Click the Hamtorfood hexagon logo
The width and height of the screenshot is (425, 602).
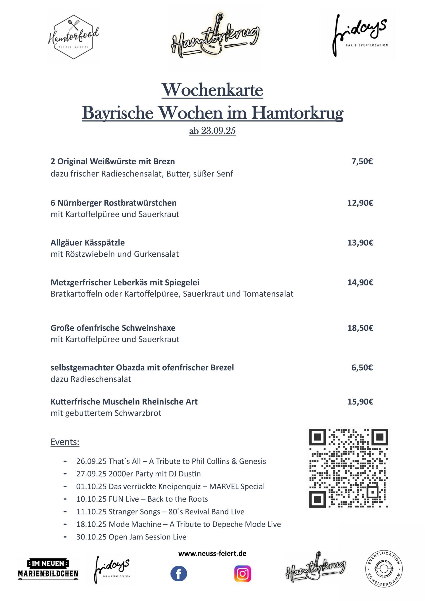point(73,37)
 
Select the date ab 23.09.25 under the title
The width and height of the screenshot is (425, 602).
point(212,131)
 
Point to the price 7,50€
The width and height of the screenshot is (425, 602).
point(362,162)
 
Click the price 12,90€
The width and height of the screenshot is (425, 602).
point(360,203)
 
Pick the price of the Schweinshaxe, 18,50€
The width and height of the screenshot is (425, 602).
point(360,328)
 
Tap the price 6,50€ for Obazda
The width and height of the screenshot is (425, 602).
point(362,368)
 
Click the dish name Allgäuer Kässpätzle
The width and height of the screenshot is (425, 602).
point(87,243)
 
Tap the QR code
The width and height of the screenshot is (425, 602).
point(348,468)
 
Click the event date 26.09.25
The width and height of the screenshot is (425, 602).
point(91,461)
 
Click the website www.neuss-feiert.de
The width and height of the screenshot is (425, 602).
point(212,554)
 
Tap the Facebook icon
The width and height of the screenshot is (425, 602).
point(179,574)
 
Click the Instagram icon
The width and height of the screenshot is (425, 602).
point(243,574)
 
